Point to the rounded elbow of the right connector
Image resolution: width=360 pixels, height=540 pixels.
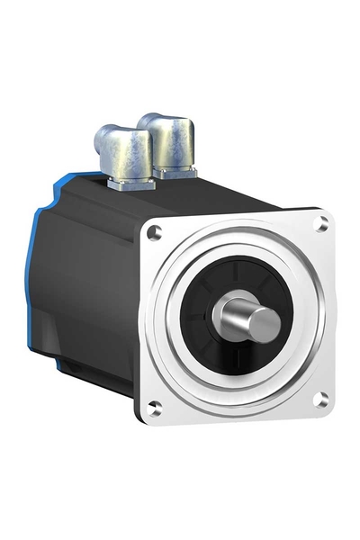click(180, 126)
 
